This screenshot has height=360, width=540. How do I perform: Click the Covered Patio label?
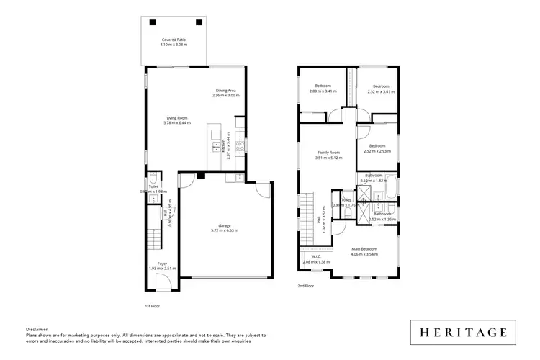[174, 40]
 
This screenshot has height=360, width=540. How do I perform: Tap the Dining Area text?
[225, 91]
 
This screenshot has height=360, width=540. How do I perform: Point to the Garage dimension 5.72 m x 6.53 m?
[224, 230]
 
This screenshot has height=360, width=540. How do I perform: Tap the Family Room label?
[329, 152]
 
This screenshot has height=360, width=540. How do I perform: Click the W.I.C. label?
[315, 256]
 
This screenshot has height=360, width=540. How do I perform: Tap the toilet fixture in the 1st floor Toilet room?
[153, 178]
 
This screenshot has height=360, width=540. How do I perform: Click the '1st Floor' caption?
[152, 305]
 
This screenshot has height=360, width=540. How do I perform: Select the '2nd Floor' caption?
[306, 286]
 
